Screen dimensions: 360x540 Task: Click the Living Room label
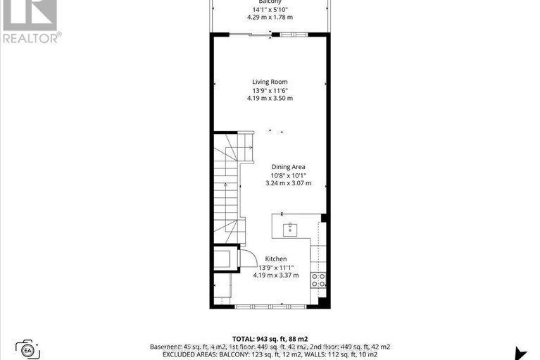click(270, 82)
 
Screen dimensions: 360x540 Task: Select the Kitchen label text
click(275, 259)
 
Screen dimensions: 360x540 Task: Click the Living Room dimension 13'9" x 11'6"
click(270, 90)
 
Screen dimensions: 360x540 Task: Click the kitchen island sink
click(289, 228)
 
